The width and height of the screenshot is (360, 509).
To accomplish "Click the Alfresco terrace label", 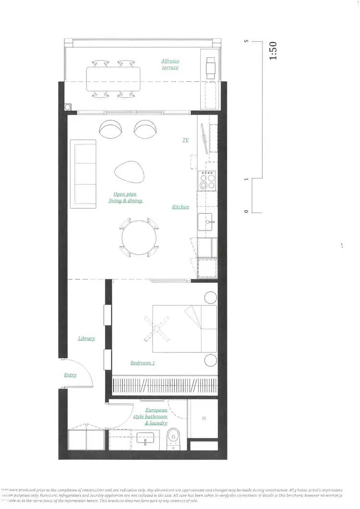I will [x=170, y=64].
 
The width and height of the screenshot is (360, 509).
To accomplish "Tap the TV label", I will [x=185, y=140].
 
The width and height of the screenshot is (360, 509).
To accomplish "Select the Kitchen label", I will [x=180, y=207].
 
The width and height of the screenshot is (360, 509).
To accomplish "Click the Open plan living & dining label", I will [x=125, y=197].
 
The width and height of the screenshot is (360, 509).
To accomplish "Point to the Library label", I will [x=86, y=339].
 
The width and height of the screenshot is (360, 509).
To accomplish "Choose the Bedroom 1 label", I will [x=143, y=363].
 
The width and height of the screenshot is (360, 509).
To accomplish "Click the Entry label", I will [x=70, y=375].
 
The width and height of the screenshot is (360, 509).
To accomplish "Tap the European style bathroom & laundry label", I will [x=151, y=417].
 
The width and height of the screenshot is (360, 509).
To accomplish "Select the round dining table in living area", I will [x=139, y=237].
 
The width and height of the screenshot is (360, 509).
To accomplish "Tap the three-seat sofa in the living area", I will [x=83, y=174].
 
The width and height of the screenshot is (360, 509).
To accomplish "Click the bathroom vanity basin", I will [x=144, y=438].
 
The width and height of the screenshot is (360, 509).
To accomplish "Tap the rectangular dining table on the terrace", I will [x=113, y=79].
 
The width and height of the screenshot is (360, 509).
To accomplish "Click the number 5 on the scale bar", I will [x=246, y=42].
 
